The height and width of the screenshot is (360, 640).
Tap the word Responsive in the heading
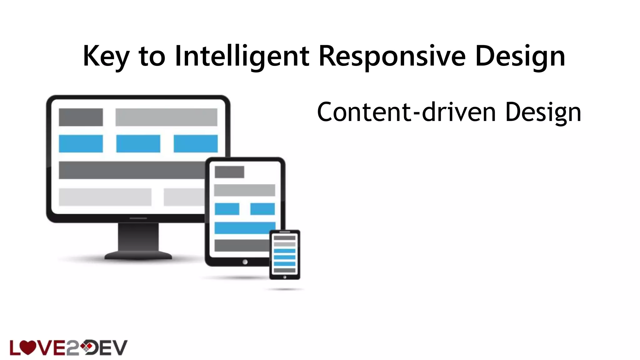[x=392, y=56]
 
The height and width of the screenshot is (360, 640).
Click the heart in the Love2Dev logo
[x=28, y=347]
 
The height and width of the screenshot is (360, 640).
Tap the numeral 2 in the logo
[x=72, y=348]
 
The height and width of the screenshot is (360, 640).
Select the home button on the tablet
[x=245, y=262]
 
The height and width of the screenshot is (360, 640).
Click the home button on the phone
[x=284, y=277]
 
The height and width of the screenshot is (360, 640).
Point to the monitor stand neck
[x=138, y=237]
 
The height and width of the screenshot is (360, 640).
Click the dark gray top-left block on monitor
[x=81, y=117]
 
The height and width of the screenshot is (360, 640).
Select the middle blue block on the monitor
[x=138, y=144]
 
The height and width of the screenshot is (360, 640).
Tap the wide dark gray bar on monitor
[x=131, y=170]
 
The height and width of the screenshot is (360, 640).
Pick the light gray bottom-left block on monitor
[x=105, y=197]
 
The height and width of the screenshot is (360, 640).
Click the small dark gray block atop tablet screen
[x=229, y=172]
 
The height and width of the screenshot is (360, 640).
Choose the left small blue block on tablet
[x=227, y=209]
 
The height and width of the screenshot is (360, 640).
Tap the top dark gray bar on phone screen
[x=284, y=238]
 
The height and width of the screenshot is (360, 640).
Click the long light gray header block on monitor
[x=166, y=117]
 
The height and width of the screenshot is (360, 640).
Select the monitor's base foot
[x=138, y=256]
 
